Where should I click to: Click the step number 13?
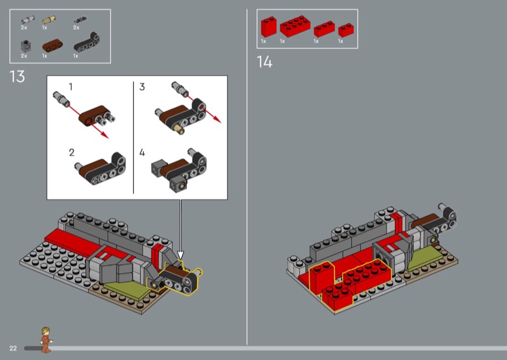(x=17, y=77)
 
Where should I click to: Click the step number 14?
(x=264, y=61)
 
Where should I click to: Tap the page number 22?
(x=13, y=348)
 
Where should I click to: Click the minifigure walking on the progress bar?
(x=46, y=339)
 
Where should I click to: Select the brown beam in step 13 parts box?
(x=53, y=46)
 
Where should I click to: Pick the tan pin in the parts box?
(x=49, y=20)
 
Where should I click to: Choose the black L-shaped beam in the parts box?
(x=87, y=42)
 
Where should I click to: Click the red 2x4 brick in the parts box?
(x=295, y=26)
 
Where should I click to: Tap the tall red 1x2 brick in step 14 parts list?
(x=269, y=27)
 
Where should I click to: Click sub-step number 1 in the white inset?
(x=71, y=87)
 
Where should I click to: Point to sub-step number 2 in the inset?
(x=72, y=152)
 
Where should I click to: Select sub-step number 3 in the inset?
(x=142, y=87)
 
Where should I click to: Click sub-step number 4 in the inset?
(x=142, y=152)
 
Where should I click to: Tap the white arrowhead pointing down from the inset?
(x=181, y=255)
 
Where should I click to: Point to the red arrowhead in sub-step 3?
(x=217, y=119)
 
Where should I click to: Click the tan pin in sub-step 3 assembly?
(x=179, y=129)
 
